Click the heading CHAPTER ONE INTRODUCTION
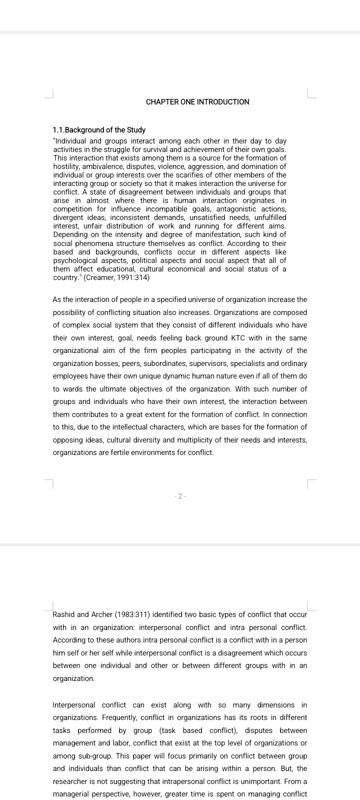click(x=197, y=102)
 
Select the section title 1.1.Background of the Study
click(x=99, y=130)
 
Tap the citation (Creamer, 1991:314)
click(x=117, y=277)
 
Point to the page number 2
click(x=180, y=496)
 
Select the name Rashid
click(x=63, y=614)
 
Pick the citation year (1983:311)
click(x=125, y=614)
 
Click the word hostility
click(x=67, y=166)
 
